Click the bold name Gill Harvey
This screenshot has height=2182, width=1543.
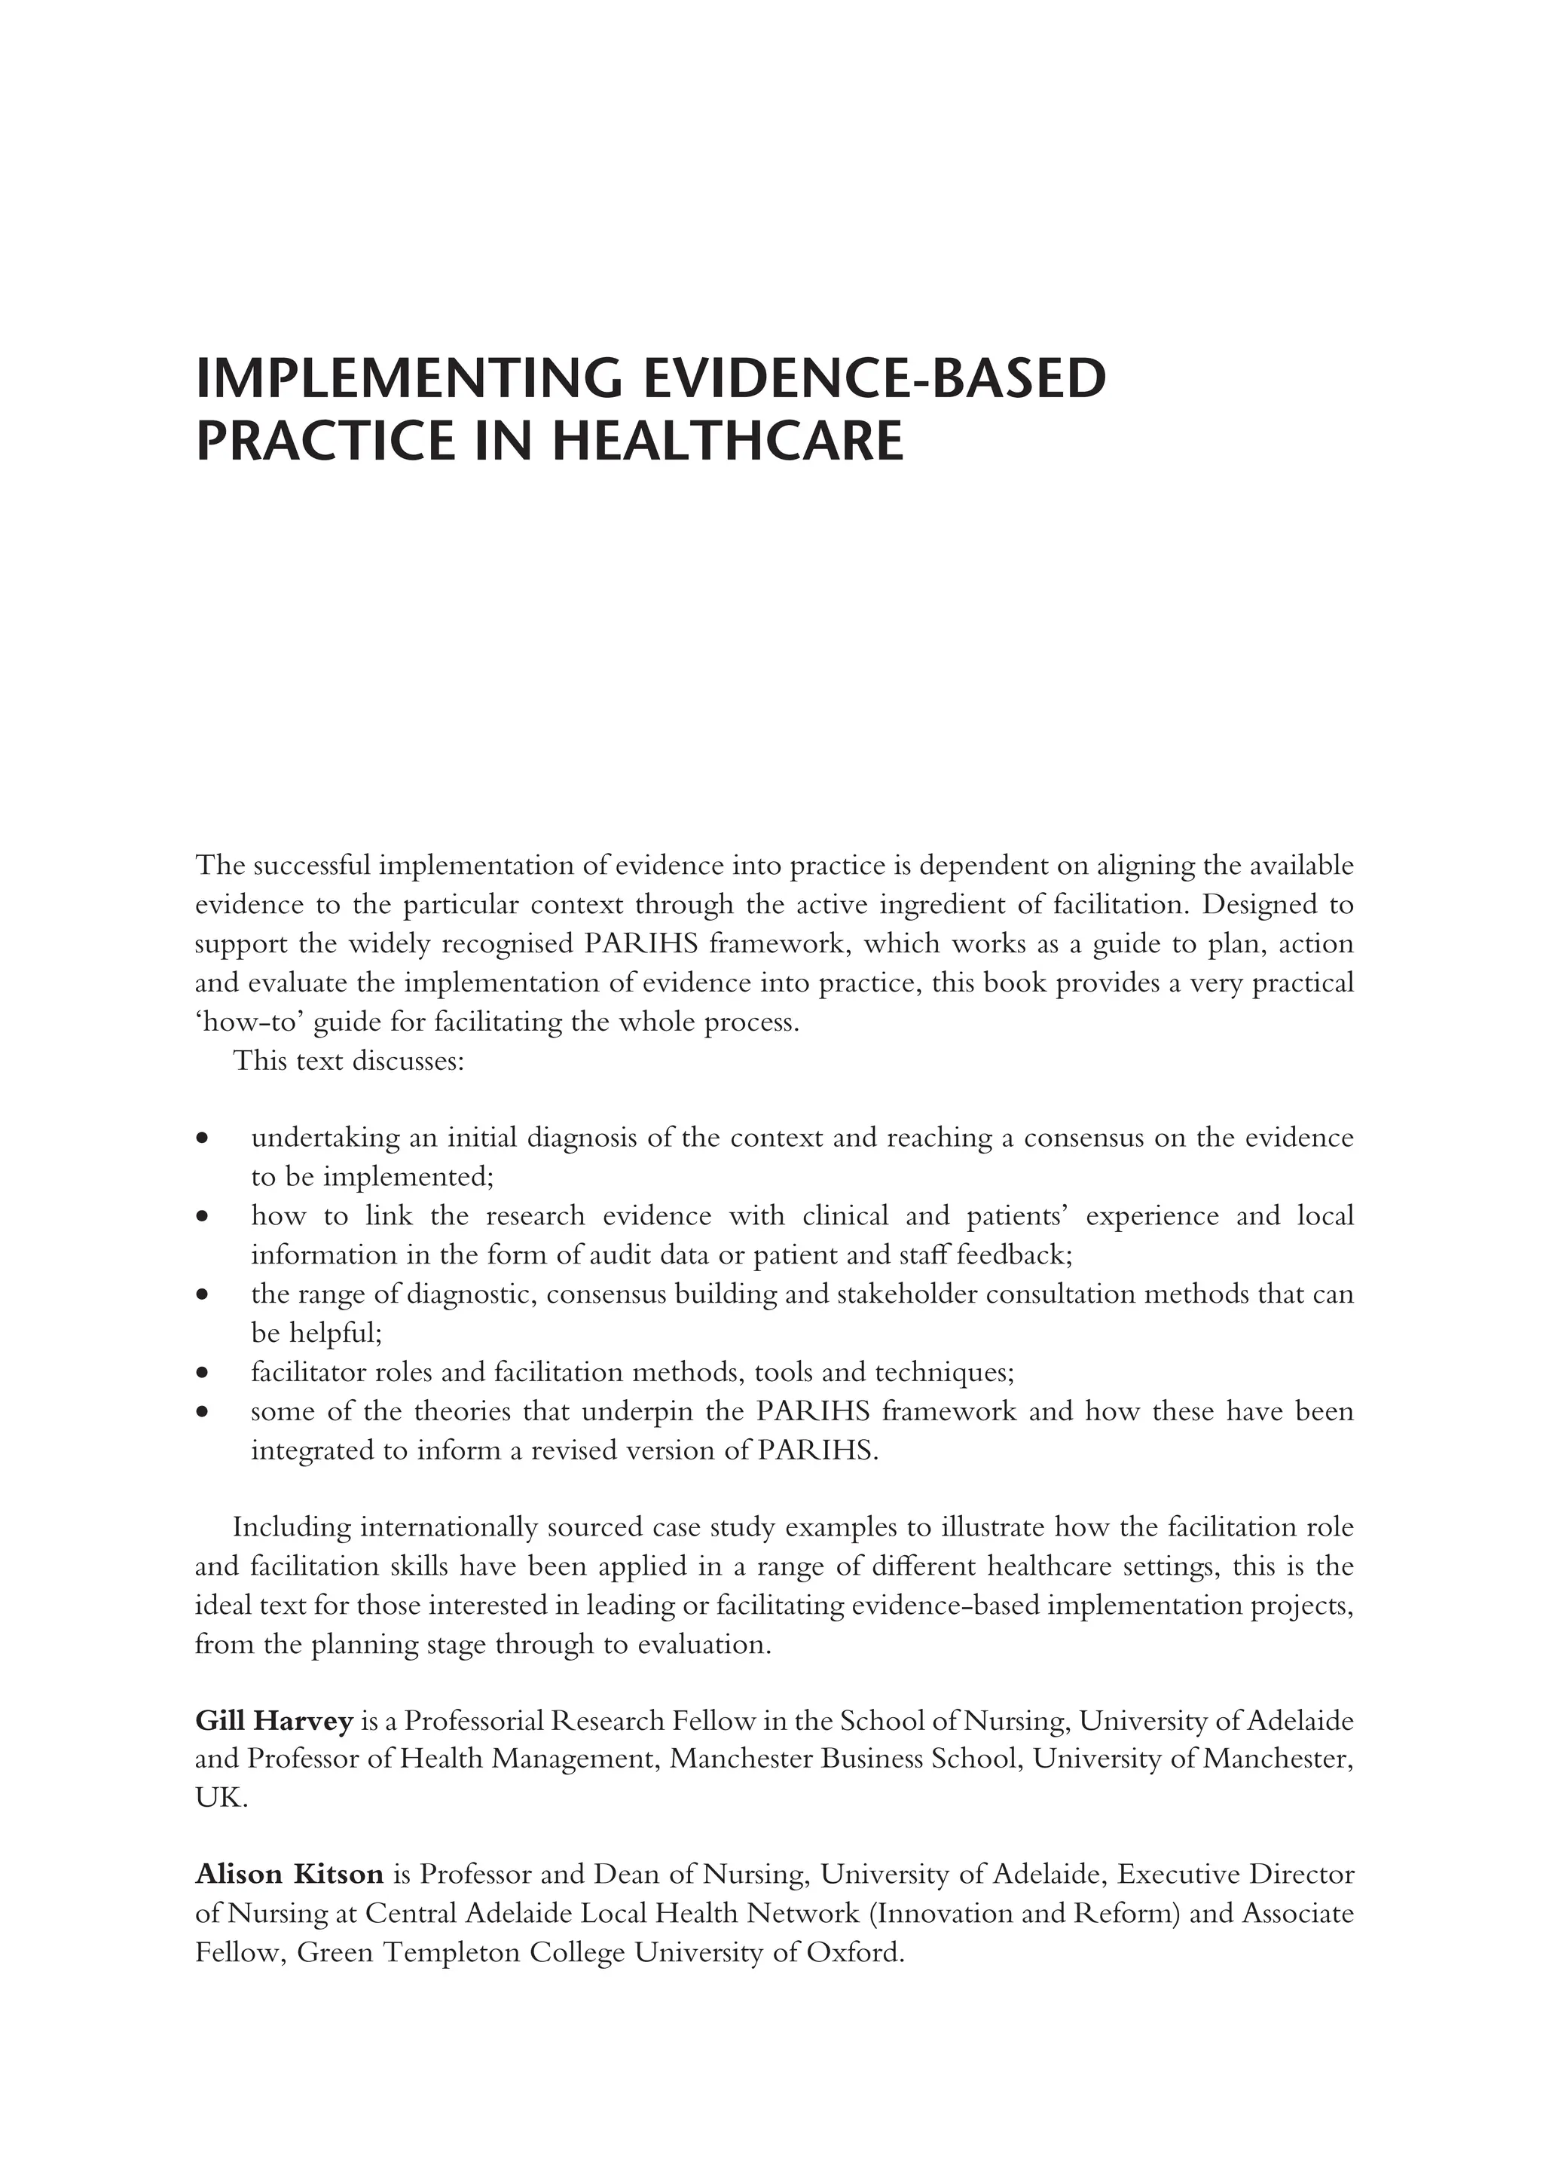tap(273, 1720)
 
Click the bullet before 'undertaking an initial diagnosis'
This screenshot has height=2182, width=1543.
tap(201, 1138)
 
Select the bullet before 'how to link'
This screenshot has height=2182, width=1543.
tap(201, 1216)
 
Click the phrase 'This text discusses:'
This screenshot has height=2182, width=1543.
tap(349, 1061)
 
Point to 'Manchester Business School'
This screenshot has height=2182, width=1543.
tap(845, 1760)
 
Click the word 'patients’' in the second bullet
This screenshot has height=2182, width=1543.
tap(1016, 1216)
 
